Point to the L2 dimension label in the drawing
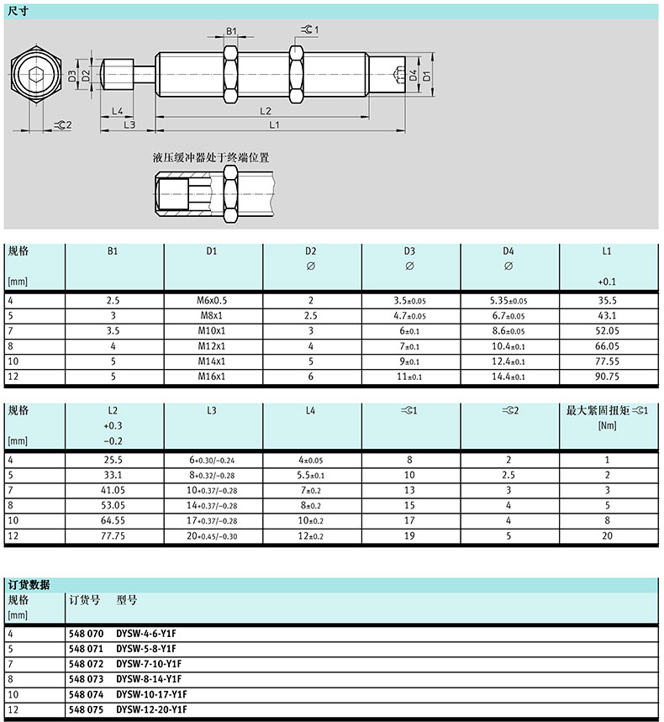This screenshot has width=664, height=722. (265, 110)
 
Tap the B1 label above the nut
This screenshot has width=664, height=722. (232, 31)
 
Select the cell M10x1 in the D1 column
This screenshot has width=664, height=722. (213, 332)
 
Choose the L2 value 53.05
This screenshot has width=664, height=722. (113, 506)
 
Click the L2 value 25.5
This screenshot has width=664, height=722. (113, 461)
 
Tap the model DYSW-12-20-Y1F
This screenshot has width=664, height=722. (151, 709)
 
